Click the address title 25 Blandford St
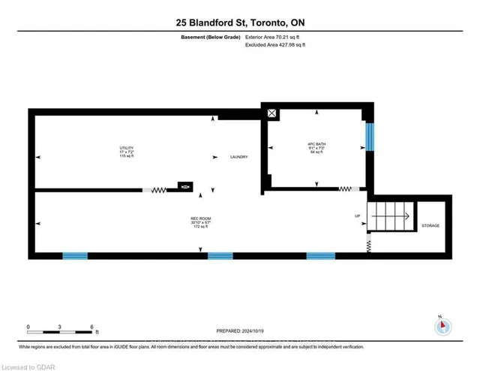(239, 23)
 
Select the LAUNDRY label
(238, 157)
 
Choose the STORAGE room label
(430, 225)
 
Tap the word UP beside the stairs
(358, 216)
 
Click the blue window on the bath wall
(368, 137)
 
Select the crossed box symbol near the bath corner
(271, 114)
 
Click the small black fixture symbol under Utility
(184, 185)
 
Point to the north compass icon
(442, 327)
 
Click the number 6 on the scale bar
(91, 327)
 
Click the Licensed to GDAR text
(27, 365)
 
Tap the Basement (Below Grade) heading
(211, 37)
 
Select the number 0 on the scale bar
(28, 327)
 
